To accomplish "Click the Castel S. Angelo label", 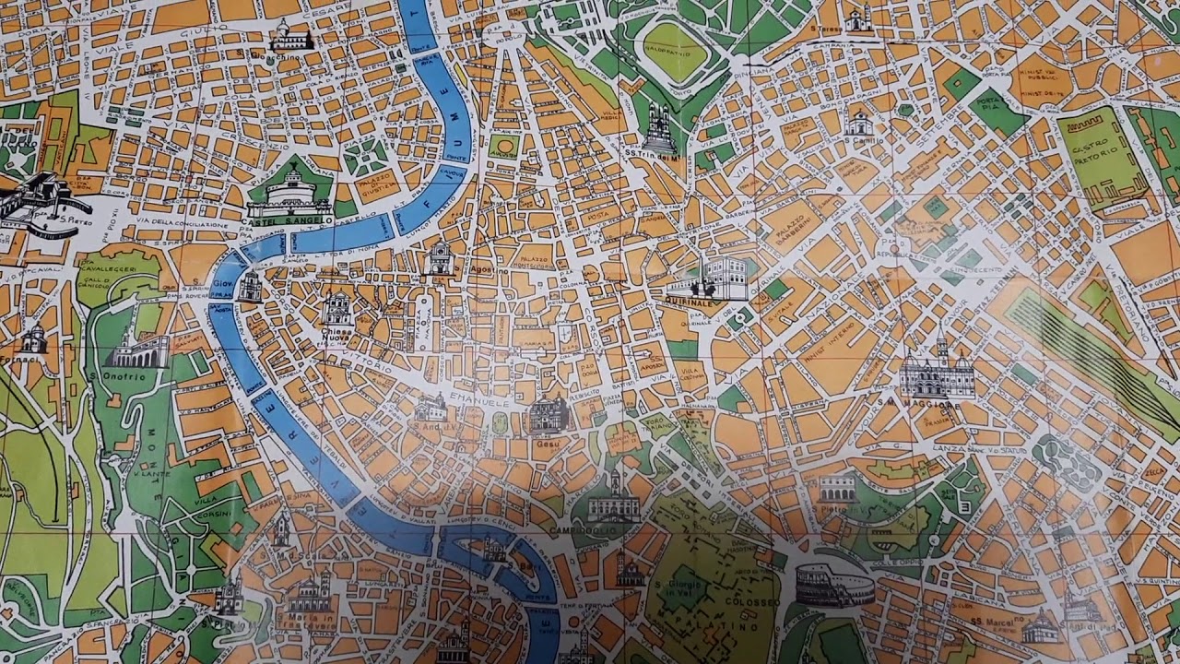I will [289, 221].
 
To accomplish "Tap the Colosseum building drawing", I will [833, 585].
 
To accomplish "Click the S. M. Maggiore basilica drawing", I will [937, 373].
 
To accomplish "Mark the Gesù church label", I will [548, 444].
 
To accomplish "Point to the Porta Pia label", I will [990, 102].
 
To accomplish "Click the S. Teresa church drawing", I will [858, 20].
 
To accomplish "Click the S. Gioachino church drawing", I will [291, 37].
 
